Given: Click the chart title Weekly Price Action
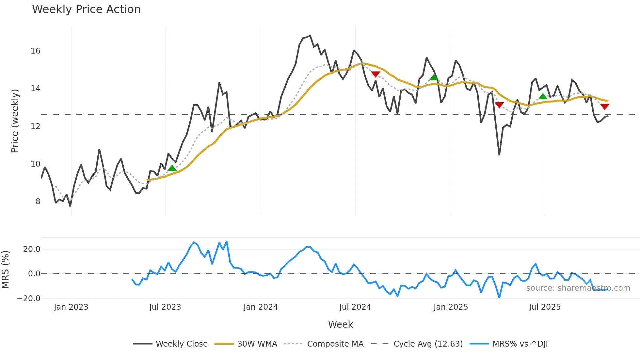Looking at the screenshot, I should (86, 9).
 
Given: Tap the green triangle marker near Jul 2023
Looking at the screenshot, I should (172, 168).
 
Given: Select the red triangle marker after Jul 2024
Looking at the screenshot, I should (376, 74).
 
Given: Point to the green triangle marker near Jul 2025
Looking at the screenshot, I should (543, 96).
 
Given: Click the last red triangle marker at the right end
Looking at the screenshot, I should (605, 106).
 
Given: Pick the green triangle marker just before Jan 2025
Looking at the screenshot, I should (434, 77).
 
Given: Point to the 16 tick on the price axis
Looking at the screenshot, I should (36, 51).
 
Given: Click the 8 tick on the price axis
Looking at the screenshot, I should (38, 202).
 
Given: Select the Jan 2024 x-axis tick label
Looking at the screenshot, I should (261, 307).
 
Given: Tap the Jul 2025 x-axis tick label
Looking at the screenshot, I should (545, 307).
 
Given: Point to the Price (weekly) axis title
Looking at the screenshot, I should (15, 121).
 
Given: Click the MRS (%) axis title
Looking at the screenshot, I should (5, 270).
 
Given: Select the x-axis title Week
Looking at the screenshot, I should (340, 324).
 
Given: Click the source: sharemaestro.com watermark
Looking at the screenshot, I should (578, 288).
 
